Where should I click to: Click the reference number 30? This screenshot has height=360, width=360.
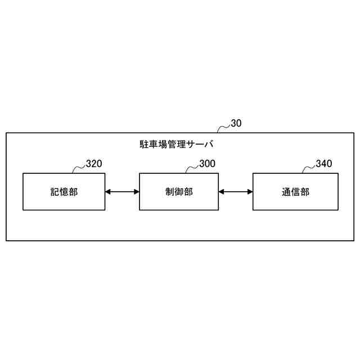236,124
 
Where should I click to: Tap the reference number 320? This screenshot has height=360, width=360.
94,164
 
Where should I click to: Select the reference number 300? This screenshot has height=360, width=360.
207,164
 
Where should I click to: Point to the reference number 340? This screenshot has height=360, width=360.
323,164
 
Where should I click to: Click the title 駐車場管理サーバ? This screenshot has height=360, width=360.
177,144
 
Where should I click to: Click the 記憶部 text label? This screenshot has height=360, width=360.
64,192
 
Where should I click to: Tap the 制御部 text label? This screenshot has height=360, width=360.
179,192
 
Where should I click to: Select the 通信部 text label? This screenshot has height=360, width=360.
295,192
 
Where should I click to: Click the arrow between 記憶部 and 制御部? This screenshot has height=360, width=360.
122,192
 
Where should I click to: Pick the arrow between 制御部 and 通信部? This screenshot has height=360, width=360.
236,192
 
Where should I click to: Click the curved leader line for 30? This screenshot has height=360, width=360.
224,128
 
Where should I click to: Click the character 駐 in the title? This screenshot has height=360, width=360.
143,144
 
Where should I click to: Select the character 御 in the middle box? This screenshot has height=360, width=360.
179,192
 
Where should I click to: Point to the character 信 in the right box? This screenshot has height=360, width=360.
295,192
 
